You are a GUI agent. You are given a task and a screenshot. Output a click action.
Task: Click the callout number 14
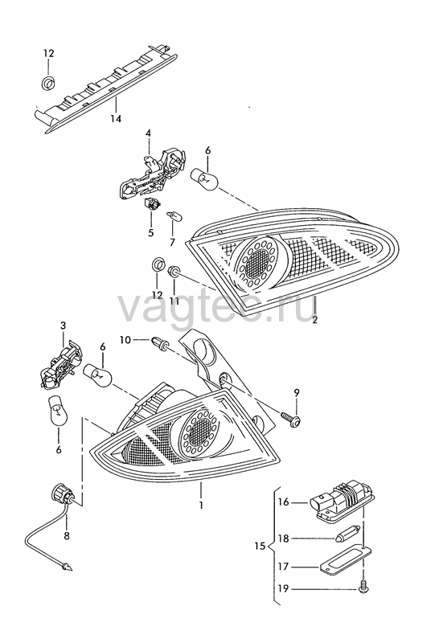pyautogui.click(x=116, y=119)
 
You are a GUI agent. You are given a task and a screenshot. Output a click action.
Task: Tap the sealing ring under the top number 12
pyautogui.click(x=50, y=83)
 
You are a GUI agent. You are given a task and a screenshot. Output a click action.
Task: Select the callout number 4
pyautogui.click(x=148, y=133)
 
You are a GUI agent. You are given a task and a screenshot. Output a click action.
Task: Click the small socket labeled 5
pyautogui.click(x=153, y=204)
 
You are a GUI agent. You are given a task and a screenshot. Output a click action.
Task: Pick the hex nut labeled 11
pyautogui.click(x=174, y=272)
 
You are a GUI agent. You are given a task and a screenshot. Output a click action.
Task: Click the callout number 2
pyautogui.click(x=314, y=320)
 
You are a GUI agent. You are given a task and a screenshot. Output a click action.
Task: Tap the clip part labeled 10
pyautogui.click(x=160, y=342)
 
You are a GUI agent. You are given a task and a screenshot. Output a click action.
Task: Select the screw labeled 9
pyautogui.click(x=292, y=419)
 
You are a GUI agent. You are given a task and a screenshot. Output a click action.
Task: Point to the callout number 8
pyautogui.click(x=67, y=535)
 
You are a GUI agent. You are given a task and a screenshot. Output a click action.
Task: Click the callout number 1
pyautogui.click(x=201, y=506)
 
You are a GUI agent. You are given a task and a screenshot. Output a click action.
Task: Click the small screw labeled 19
pyautogui.click(x=363, y=588)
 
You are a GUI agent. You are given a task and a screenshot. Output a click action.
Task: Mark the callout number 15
pyautogui.click(x=260, y=547)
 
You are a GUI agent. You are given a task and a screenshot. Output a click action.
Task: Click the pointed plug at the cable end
pyautogui.click(x=65, y=567)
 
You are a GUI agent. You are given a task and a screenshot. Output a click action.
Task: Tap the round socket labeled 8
pyautogui.click(x=63, y=494)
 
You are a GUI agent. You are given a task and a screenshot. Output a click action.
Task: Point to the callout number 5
pyautogui.click(x=150, y=233)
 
